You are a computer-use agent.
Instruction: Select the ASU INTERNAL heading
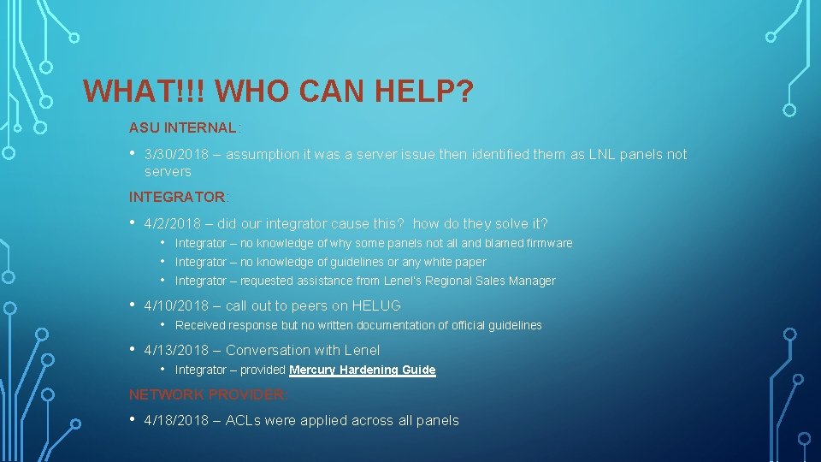[182, 128]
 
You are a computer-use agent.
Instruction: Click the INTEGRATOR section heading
[176, 197]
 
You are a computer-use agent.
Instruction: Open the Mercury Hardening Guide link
[363, 370]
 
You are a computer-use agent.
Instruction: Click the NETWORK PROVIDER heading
[208, 394]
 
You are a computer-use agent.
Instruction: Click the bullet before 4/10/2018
[133, 305]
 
